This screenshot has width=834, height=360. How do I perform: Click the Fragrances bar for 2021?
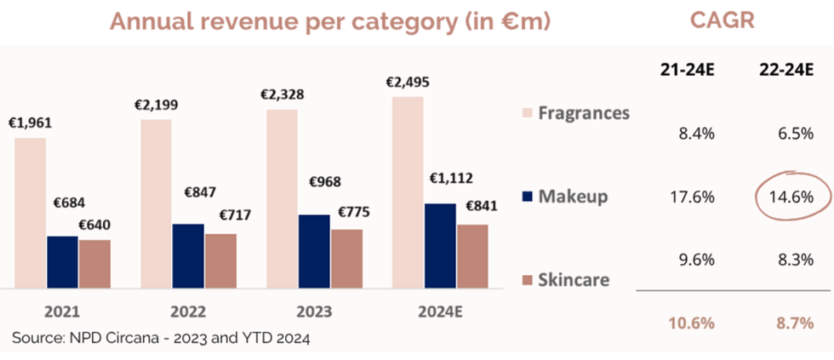tap(30, 213)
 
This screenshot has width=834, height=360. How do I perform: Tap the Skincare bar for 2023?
tap(346, 259)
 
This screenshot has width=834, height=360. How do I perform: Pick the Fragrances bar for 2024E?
tap(408, 192)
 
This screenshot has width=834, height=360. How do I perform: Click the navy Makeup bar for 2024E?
tap(439, 246)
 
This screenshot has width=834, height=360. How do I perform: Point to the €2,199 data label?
tap(155, 106)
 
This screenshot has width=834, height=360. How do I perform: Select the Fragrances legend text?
tap(585, 112)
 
